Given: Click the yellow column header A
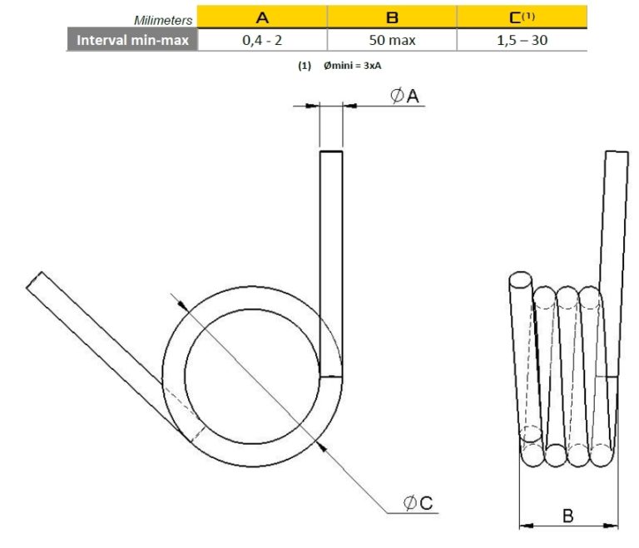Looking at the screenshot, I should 262,17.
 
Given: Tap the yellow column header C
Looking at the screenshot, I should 523,17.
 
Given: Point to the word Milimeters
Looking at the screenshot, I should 164,19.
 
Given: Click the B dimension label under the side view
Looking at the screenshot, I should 567,516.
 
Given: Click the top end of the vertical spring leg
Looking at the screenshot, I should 331,152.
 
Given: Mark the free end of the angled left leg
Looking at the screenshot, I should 35,279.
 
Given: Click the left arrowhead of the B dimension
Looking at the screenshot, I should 524,525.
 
